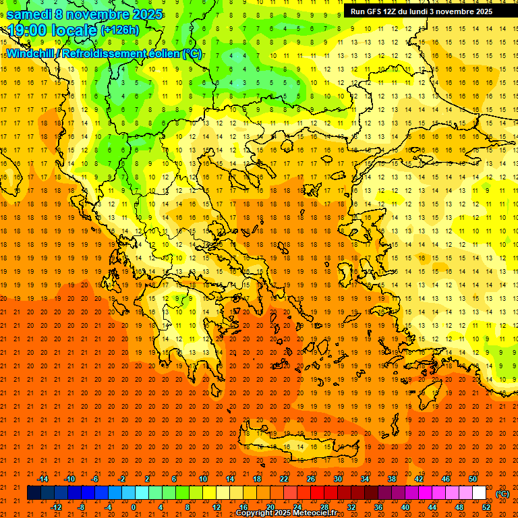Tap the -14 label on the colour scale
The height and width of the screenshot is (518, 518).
click(x=42, y=478)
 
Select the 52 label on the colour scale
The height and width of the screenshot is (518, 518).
click(x=486, y=507)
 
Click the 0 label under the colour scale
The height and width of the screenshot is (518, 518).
click(x=134, y=507)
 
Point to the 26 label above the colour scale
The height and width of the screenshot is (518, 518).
click(x=311, y=478)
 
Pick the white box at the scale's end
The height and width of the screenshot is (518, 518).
click(x=479, y=493)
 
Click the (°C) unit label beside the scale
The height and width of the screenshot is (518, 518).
click(x=502, y=494)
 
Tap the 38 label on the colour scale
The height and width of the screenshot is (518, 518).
click(x=391, y=478)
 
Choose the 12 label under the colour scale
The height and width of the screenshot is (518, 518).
click(x=217, y=507)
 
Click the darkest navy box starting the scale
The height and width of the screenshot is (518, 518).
click(x=34, y=493)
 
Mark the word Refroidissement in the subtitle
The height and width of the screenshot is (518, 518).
click(x=114, y=53)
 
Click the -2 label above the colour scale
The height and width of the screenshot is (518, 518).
click(x=121, y=478)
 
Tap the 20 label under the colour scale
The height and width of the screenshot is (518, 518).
click(x=270, y=507)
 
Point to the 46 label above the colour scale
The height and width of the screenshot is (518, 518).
click(x=446, y=478)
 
